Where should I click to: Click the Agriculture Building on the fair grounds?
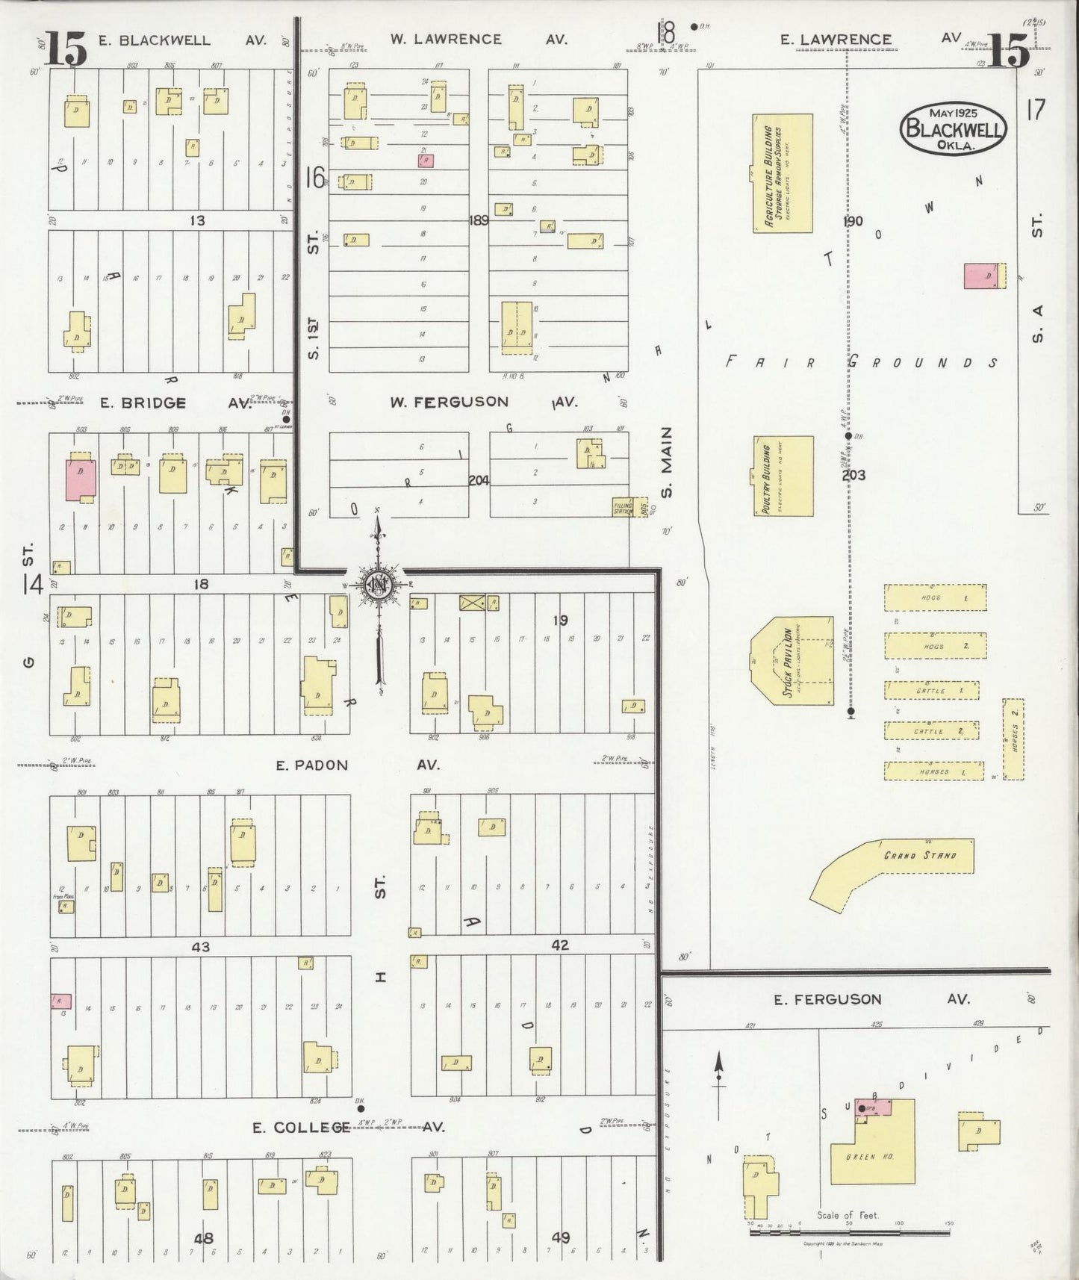tap(782, 173)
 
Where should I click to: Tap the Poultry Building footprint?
tap(783, 476)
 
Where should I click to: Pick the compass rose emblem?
tap(378, 585)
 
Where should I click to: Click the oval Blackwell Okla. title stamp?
tap(953, 128)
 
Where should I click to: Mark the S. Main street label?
tap(667, 462)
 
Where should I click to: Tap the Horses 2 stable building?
tap(1013, 739)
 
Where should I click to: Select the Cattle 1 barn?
tap(933, 691)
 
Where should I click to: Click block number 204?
tap(479, 480)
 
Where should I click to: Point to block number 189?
tap(479, 220)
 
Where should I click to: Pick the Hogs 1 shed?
tap(935, 597)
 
